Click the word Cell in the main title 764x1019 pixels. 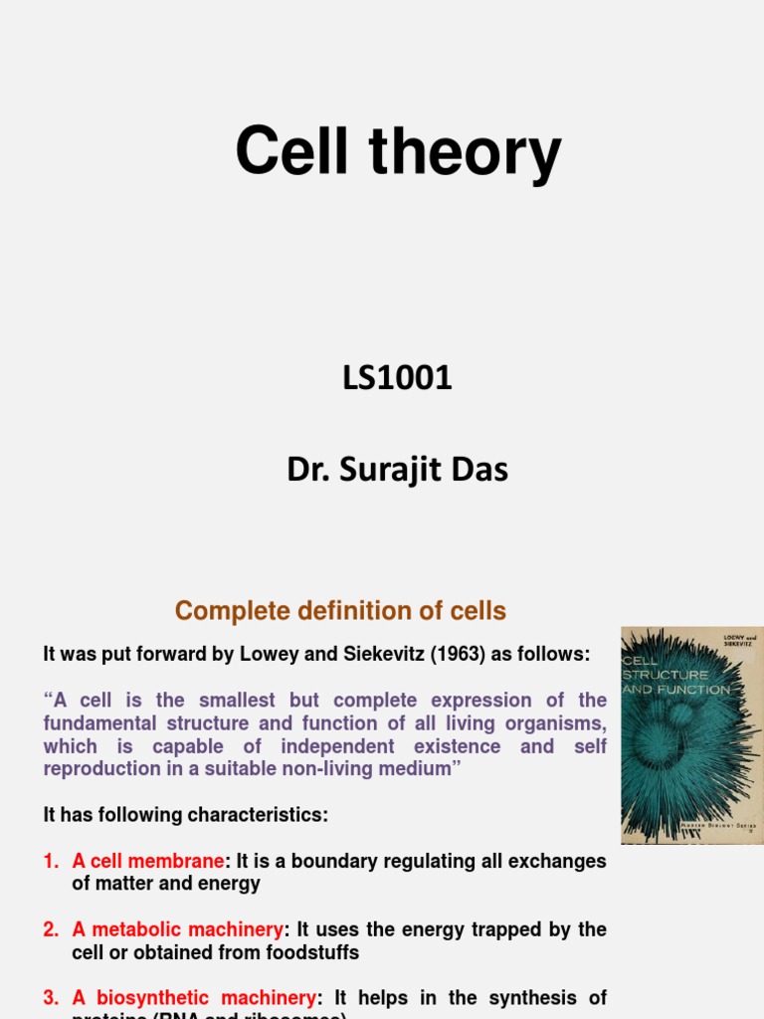(295, 152)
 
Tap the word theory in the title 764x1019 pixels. (466, 154)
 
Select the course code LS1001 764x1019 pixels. (398, 378)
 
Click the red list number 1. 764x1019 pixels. (50, 861)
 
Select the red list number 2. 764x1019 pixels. (50, 929)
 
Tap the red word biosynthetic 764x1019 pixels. (152, 997)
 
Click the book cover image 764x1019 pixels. (691, 734)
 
